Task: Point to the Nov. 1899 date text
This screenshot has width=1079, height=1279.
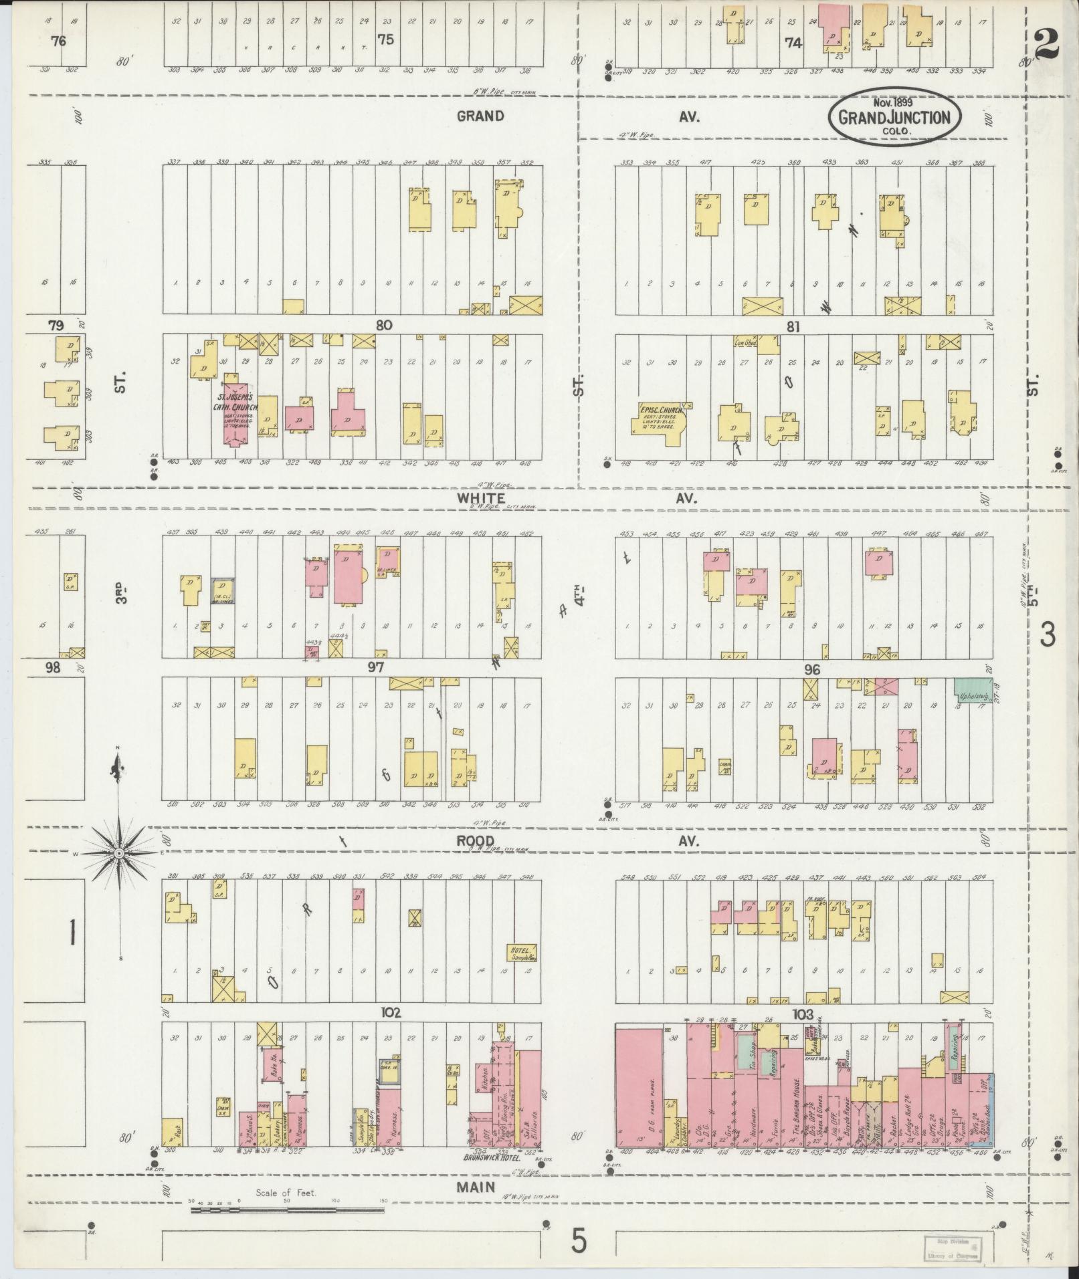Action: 892,103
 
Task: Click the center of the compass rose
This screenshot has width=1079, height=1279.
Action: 118,853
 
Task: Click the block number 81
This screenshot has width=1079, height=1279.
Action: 793,327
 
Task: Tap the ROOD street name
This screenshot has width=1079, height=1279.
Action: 476,841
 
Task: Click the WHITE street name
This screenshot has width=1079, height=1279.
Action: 481,498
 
